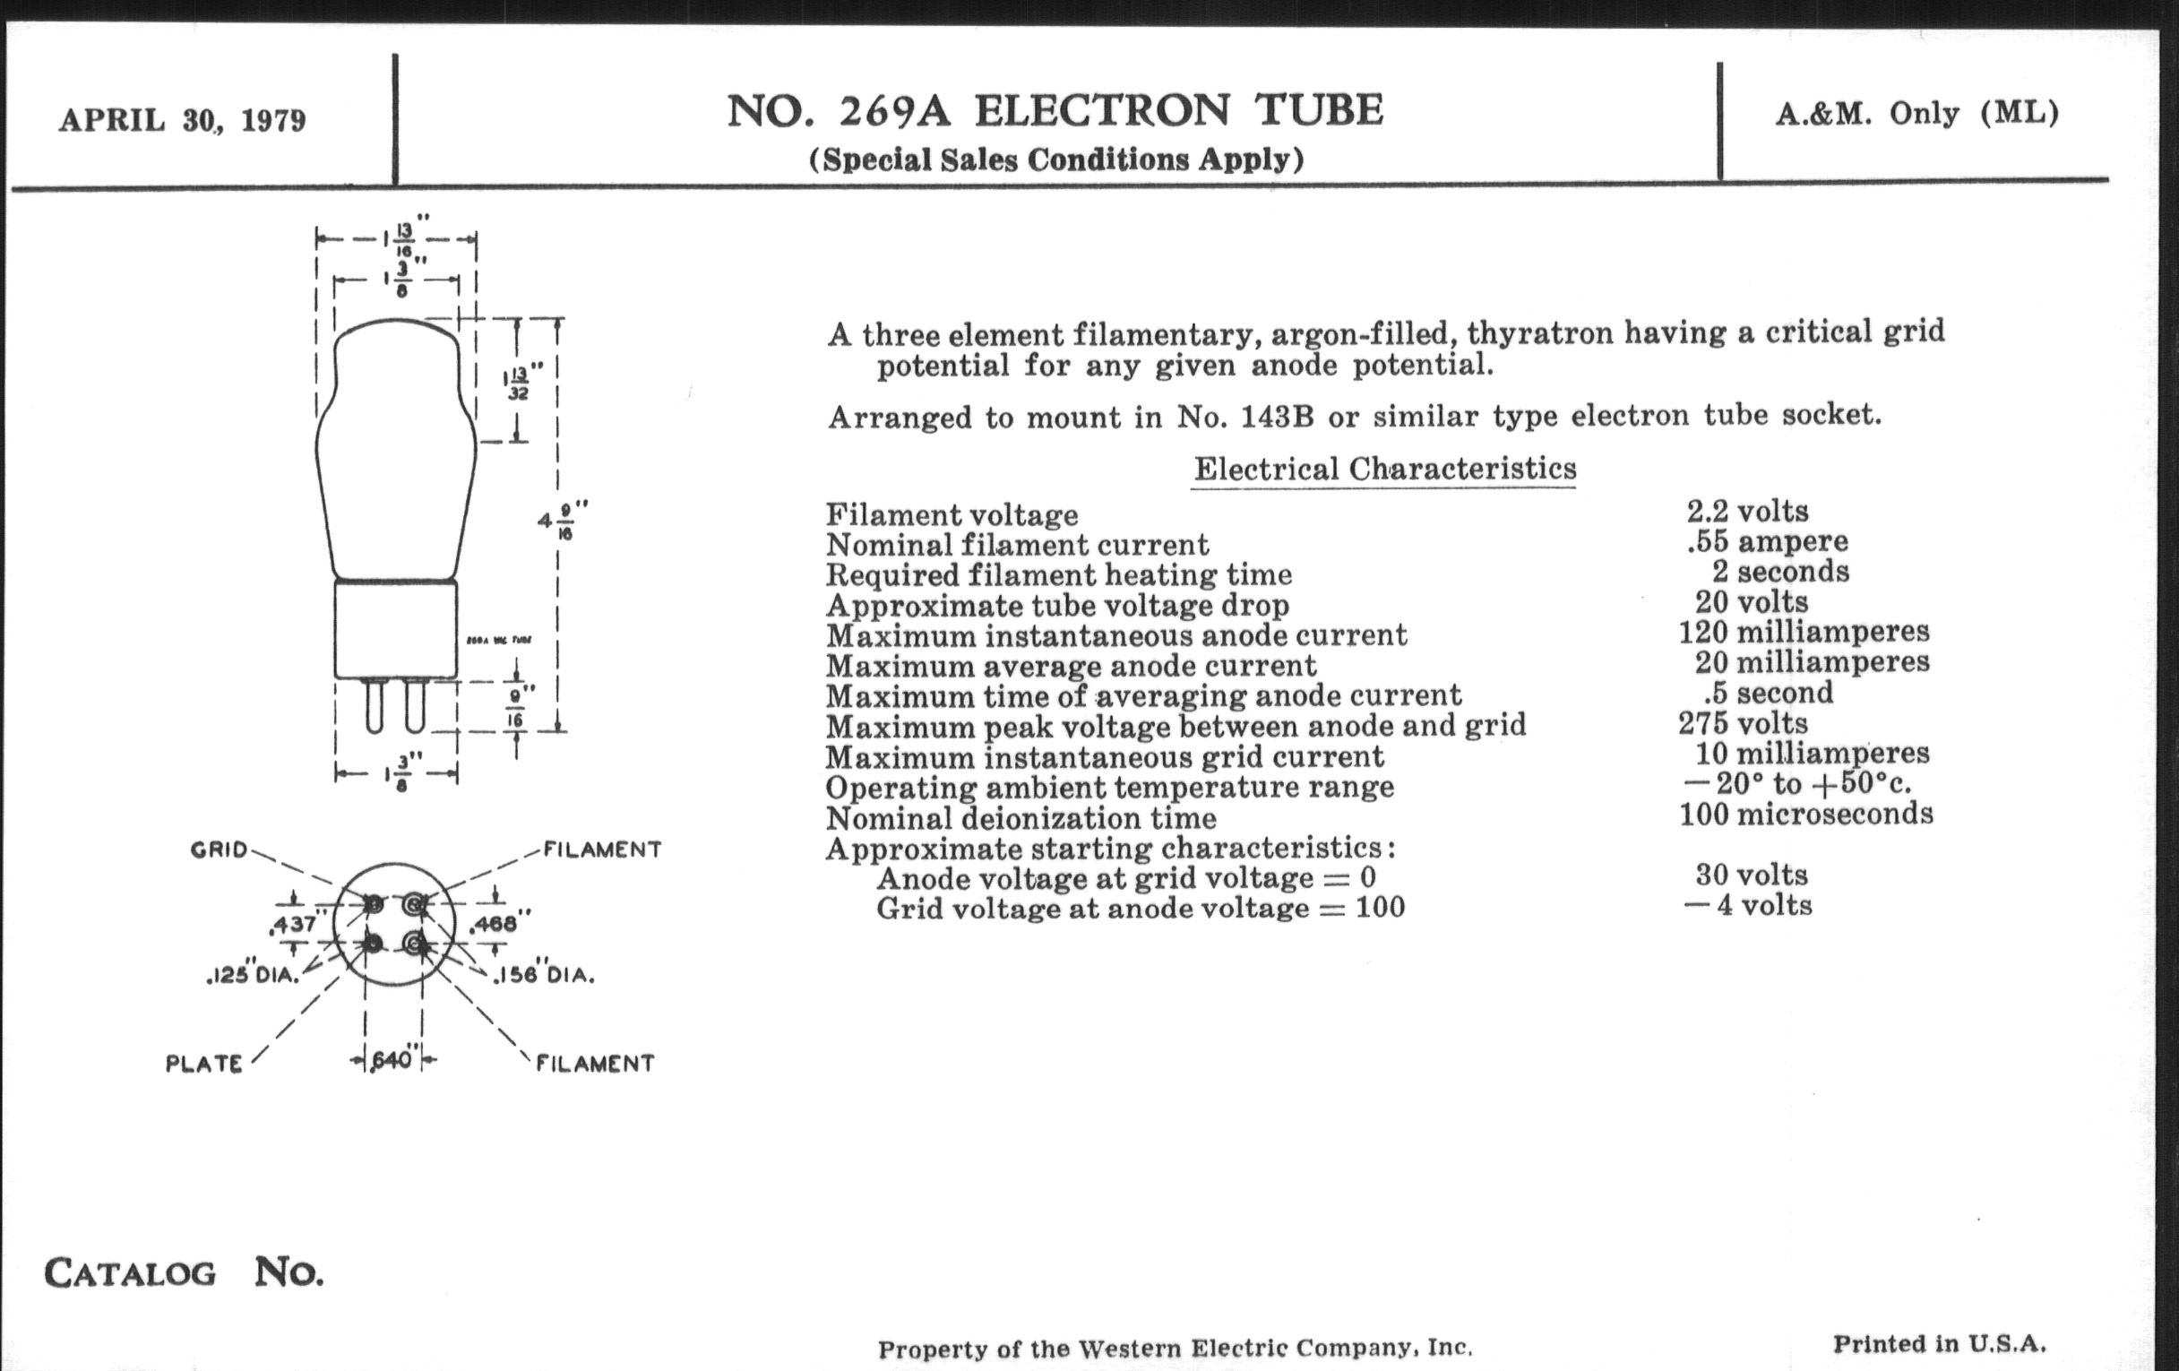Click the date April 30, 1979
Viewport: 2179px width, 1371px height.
coord(182,120)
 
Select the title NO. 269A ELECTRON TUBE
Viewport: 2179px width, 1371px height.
coord(1055,111)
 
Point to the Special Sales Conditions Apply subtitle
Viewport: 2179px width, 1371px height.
coord(1056,160)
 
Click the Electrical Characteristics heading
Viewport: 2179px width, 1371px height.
coord(1384,469)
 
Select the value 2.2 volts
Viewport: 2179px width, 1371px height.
coord(1747,512)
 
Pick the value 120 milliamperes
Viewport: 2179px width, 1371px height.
coord(1804,632)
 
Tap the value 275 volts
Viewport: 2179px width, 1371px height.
coord(1743,723)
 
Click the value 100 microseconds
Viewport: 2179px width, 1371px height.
coord(1806,815)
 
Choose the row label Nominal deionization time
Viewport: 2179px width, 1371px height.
coord(1021,818)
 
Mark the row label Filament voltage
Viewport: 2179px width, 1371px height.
coord(952,515)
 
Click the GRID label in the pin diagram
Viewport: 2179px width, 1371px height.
coord(218,849)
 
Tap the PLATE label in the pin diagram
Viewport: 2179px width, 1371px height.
coord(203,1064)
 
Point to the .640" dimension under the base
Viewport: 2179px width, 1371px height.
coord(392,1060)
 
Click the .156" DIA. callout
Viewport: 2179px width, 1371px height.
coord(544,976)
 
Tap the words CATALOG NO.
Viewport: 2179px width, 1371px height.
coord(184,1272)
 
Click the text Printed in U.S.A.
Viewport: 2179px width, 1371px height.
coord(1939,1344)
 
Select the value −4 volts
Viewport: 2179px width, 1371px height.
coord(1748,906)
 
